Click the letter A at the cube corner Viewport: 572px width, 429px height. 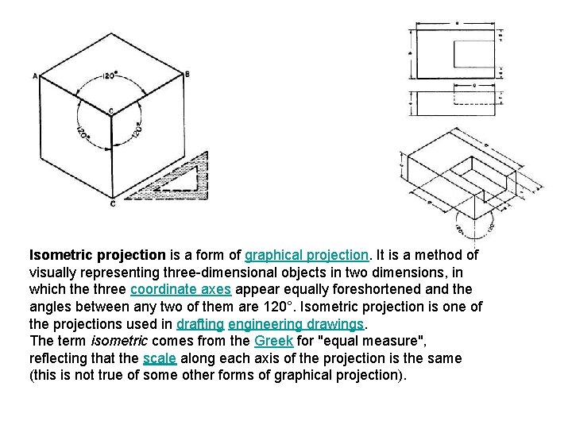tap(35, 76)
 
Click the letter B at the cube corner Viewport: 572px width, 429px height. tap(187, 74)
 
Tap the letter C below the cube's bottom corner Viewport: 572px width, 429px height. tap(112, 204)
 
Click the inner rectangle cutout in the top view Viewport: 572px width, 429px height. tap(474, 55)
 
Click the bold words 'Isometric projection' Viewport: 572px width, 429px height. tap(98, 255)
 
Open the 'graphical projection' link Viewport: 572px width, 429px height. tap(307, 255)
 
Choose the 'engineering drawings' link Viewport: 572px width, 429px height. tap(296, 324)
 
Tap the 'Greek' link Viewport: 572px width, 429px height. tap(273, 341)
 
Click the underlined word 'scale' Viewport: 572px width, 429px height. tap(160, 358)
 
